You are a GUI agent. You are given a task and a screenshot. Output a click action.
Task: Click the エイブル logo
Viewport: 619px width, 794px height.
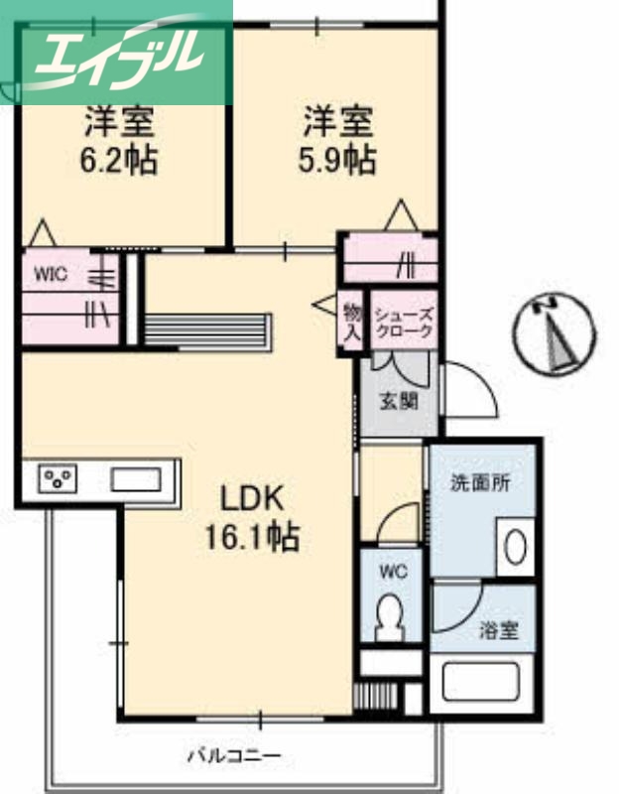coord(117,52)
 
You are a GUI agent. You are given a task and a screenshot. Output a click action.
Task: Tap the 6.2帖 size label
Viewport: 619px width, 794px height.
coord(118,160)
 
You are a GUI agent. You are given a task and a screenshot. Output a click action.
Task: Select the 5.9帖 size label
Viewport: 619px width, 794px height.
coord(338,160)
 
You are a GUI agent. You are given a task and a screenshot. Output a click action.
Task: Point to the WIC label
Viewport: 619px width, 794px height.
coord(51,275)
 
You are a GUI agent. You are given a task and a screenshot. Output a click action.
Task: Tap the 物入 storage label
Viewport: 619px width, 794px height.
coord(351,322)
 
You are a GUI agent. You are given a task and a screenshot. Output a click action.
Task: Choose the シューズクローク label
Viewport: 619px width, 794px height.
coord(403,322)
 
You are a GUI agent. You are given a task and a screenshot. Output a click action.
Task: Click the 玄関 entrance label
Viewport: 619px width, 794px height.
coord(398,401)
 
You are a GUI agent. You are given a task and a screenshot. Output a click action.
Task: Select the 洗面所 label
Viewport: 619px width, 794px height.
coord(480,484)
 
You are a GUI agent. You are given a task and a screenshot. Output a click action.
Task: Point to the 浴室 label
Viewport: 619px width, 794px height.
coord(498,629)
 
